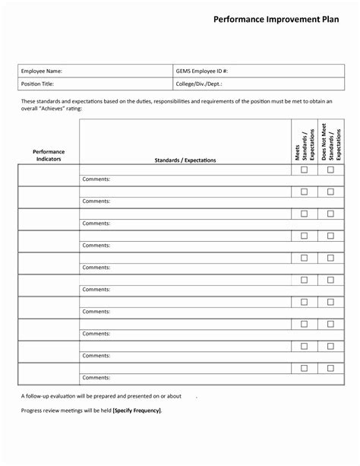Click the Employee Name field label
pos(41,71)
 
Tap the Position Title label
pos(37,84)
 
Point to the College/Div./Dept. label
pos(199,84)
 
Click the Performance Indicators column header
pos(49,156)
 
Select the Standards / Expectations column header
pos(185,160)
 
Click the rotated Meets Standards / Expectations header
pos(304,142)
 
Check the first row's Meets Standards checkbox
pos(304,170)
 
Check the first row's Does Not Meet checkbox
pos(330,170)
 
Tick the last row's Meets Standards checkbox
pos(304,368)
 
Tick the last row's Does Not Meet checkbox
pos(330,368)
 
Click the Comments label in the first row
pos(96,179)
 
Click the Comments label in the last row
pos(96,378)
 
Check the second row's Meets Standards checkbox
pos(304,192)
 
